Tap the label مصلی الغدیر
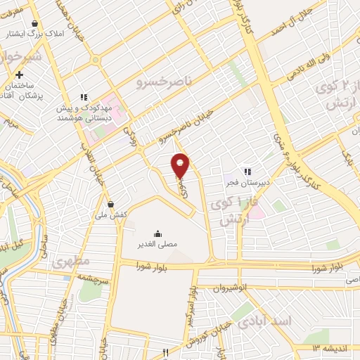pyautogui.click(x=157, y=243)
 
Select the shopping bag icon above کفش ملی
pyautogui.click(x=111, y=204)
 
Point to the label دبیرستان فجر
pyautogui.click(x=247, y=184)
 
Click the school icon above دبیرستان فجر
pyautogui.click(x=247, y=171)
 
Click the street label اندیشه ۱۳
pyautogui.click(x=327, y=348)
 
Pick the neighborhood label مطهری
pyautogui.click(x=70, y=263)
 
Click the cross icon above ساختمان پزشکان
pyautogui.click(x=20, y=75)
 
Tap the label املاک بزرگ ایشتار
pyautogui.click(x=27, y=34)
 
